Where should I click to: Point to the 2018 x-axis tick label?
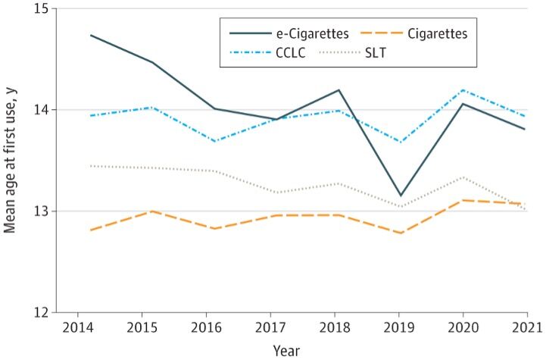[x=333, y=328]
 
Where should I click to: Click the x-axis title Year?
[x=286, y=350]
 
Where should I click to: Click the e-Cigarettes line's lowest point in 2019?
[x=401, y=196]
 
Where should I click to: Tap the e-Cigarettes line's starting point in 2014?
[x=90, y=35]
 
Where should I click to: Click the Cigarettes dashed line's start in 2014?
[x=90, y=230]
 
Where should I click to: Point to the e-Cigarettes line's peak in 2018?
[x=339, y=90]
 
